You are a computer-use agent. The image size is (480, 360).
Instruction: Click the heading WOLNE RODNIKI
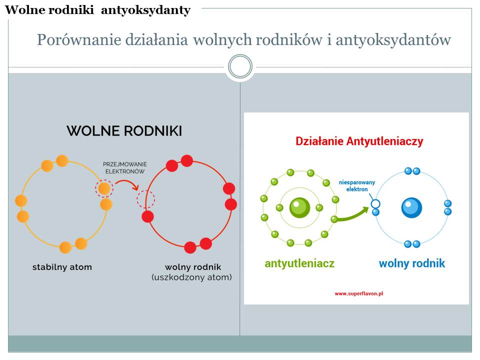(x=124, y=131)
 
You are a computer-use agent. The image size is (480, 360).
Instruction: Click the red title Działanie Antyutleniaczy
(x=359, y=141)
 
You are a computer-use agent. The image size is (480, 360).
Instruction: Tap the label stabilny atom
(x=62, y=267)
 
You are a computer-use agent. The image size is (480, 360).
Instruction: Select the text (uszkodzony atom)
(x=191, y=277)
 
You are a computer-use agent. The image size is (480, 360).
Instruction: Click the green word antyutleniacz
(x=299, y=263)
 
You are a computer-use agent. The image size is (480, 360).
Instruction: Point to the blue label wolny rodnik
(x=411, y=263)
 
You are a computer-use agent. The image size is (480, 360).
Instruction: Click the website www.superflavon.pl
(x=359, y=293)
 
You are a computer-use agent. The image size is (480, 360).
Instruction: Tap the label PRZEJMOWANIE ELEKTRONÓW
(x=125, y=168)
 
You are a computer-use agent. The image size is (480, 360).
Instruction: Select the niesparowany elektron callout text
(x=357, y=186)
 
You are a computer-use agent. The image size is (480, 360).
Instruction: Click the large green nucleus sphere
(x=299, y=207)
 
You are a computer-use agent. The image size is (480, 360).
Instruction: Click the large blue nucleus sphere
(x=411, y=207)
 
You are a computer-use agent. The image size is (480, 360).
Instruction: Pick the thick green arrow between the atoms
(x=352, y=215)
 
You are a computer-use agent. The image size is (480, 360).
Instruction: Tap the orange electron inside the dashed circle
(x=104, y=188)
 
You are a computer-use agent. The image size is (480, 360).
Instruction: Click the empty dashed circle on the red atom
(x=145, y=199)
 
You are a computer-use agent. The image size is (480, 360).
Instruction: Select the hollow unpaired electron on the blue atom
(x=375, y=203)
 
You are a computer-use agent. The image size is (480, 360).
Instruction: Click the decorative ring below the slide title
(x=240, y=66)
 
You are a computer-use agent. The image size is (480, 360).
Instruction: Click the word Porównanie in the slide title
(x=79, y=40)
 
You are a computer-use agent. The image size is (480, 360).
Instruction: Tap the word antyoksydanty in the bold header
(x=145, y=10)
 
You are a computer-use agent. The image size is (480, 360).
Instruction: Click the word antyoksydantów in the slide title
(x=393, y=40)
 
